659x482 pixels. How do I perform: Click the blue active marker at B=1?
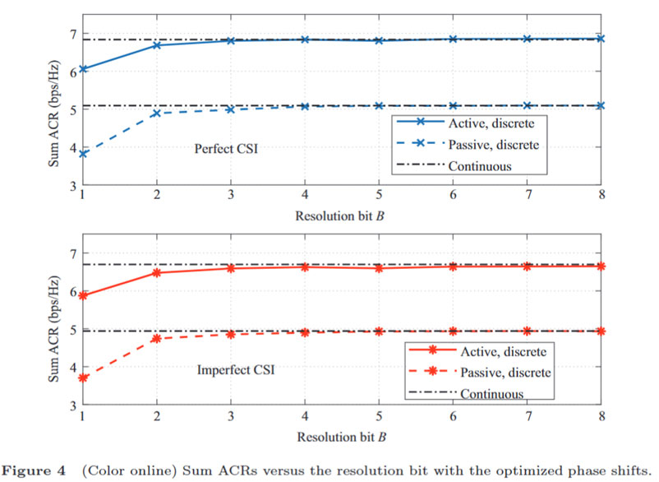(83, 69)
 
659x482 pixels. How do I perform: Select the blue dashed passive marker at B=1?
(83, 154)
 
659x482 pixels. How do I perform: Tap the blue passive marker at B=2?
(157, 114)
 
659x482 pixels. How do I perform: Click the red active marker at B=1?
(83, 295)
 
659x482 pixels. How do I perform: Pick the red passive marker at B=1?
(83, 377)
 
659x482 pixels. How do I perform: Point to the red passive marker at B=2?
(157, 338)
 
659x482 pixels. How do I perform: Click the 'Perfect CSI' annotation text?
(224, 149)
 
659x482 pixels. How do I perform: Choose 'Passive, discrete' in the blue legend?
(494, 145)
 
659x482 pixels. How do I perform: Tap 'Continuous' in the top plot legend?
(480, 165)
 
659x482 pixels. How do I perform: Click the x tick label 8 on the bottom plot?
(601, 419)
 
